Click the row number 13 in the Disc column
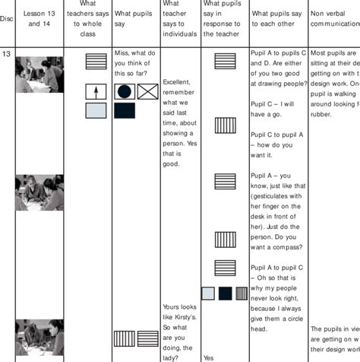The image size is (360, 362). [6, 54]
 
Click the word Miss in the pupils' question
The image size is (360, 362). [121, 53]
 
